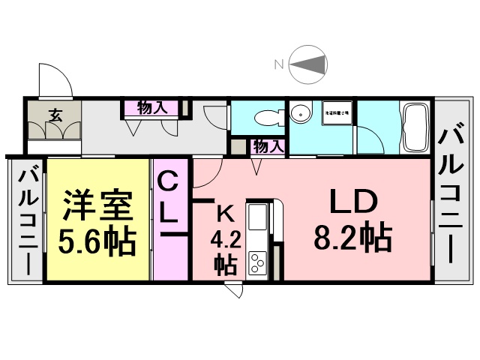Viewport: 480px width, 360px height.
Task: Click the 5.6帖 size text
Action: pos(97,241)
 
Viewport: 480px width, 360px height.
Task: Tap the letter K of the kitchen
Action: pos(224,213)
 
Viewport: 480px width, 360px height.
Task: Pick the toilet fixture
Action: pos(264,116)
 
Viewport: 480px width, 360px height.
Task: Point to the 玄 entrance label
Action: pos(56,115)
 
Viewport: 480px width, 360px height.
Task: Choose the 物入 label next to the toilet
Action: pos(267,147)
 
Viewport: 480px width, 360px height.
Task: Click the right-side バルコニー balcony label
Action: pos(452,193)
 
